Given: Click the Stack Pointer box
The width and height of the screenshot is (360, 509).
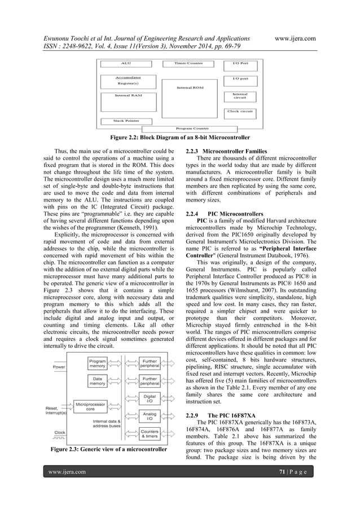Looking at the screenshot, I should (126, 121).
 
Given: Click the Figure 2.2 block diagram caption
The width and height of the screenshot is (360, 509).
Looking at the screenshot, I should (179, 137).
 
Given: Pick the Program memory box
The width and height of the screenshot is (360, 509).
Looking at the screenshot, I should (98, 364).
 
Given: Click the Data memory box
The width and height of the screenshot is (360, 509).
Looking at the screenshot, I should (98, 381).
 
